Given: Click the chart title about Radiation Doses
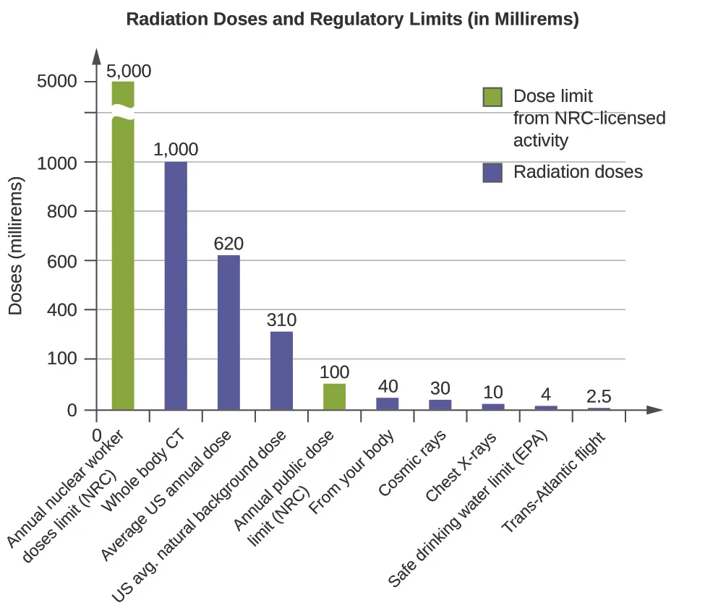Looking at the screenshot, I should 352,20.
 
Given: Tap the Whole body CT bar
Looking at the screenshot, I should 176,286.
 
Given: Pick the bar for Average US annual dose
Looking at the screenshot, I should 228,333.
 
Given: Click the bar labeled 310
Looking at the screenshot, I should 281,370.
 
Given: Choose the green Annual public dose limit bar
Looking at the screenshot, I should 334,396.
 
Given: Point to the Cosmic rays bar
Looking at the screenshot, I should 440,405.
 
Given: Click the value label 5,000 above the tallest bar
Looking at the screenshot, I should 129,71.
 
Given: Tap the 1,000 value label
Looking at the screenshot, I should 176,150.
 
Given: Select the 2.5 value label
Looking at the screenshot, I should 598,396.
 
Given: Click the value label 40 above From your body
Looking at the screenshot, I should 388,386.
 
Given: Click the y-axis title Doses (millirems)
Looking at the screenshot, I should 16,246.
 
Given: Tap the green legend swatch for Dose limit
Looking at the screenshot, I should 492,97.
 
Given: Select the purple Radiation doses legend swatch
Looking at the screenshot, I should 492,172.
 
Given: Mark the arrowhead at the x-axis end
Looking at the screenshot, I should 654,409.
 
